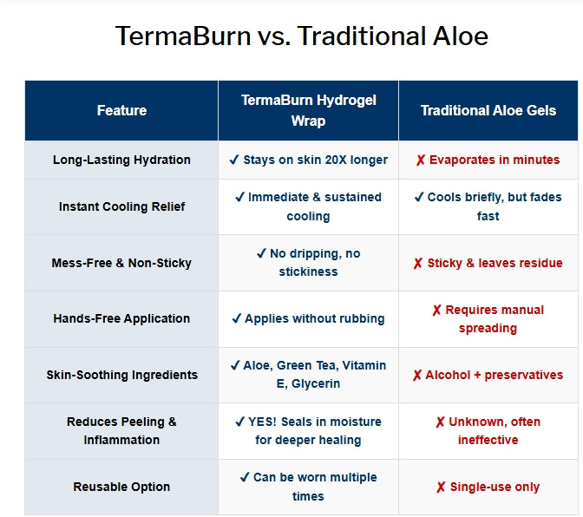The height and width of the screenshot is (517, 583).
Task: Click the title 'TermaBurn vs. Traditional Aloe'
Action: click(x=302, y=36)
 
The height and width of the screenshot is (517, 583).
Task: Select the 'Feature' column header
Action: click(x=121, y=110)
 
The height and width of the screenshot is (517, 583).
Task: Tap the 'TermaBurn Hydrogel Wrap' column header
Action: click(x=308, y=110)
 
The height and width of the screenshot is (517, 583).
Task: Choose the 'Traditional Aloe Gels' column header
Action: click(x=488, y=110)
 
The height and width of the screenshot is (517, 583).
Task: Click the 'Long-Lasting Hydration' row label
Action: click(x=121, y=160)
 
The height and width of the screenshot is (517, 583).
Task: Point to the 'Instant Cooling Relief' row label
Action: click(x=121, y=206)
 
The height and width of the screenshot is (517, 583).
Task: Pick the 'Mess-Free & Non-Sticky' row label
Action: click(x=121, y=263)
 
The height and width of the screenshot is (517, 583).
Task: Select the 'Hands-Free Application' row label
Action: click(x=121, y=318)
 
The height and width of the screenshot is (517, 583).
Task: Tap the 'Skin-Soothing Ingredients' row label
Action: click(x=121, y=375)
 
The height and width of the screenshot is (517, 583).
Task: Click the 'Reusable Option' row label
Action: click(x=121, y=487)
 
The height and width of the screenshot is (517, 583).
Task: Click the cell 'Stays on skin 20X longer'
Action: click(x=308, y=160)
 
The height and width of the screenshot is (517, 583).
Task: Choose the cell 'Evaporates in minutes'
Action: click(x=488, y=160)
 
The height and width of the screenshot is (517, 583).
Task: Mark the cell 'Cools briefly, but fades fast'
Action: click(x=488, y=206)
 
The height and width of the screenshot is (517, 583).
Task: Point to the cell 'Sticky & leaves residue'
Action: click(x=488, y=263)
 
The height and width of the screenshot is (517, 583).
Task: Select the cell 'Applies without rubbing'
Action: click(x=308, y=318)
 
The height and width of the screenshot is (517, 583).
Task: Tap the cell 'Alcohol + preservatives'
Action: click(x=488, y=375)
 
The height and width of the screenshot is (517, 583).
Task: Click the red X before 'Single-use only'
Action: click(x=441, y=488)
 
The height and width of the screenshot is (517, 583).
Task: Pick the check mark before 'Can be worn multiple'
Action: click(x=245, y=477)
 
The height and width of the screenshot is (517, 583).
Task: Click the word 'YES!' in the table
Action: click(x=262, y=422)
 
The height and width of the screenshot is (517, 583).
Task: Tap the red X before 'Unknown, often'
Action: click(x=440, y=422)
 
